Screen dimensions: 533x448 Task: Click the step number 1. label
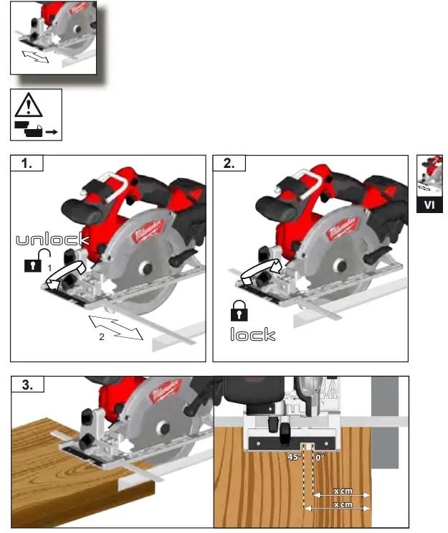(27, 163)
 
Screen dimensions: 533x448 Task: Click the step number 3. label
(27, 385)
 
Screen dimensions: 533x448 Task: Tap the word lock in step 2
(252, 334)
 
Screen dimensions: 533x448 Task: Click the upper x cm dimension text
(343, 492)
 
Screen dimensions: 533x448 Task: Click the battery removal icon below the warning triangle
(35, 131)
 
